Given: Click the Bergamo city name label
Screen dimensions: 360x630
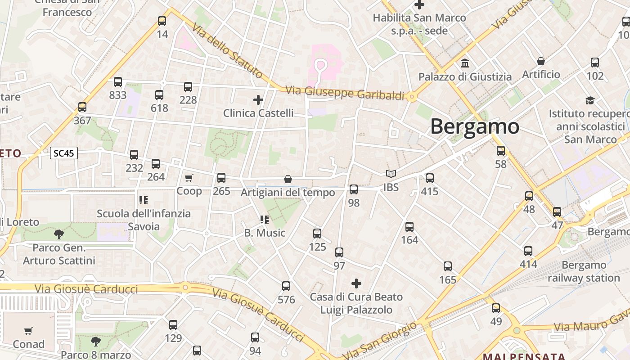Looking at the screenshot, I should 475,126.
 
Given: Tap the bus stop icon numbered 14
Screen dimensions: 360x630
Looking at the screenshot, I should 162,21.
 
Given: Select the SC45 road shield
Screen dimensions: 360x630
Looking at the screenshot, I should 64,153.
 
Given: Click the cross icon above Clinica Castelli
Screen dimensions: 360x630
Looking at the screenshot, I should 258,99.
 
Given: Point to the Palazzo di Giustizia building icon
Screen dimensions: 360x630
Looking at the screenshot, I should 465,63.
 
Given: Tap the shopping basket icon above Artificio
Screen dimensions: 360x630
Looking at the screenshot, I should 541,61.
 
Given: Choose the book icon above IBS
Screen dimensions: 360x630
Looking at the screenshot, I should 391,174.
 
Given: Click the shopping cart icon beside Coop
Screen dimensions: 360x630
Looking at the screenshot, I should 189,178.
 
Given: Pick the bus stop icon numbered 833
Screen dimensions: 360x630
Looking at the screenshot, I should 118,82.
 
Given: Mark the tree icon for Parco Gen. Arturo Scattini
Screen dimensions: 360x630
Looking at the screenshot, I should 58,234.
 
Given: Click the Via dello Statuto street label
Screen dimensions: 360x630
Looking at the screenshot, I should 227,50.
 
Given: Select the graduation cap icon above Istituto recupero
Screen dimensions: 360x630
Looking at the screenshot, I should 589,100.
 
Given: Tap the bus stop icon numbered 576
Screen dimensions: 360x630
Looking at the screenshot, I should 286,286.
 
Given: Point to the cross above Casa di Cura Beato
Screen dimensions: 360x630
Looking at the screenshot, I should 356,283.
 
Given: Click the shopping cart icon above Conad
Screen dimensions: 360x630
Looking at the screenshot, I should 28,331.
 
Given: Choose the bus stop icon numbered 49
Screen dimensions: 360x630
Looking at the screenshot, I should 496,308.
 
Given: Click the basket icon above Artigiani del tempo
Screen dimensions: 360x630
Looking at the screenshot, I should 288,180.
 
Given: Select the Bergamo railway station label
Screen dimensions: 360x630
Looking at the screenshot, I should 584,271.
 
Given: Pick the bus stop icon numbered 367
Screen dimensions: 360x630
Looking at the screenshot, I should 82,107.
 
